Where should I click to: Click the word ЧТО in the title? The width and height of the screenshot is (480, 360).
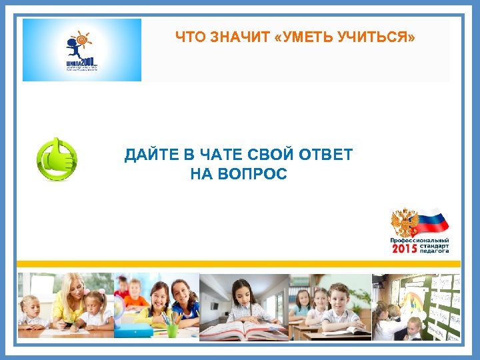[189, 37]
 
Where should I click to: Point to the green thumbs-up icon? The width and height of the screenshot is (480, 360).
[56, 159]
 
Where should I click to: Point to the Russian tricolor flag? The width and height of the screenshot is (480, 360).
[434, 221]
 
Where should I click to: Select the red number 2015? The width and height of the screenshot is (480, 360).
[404, 249]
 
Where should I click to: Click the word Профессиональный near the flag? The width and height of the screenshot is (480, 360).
[419, 239]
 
